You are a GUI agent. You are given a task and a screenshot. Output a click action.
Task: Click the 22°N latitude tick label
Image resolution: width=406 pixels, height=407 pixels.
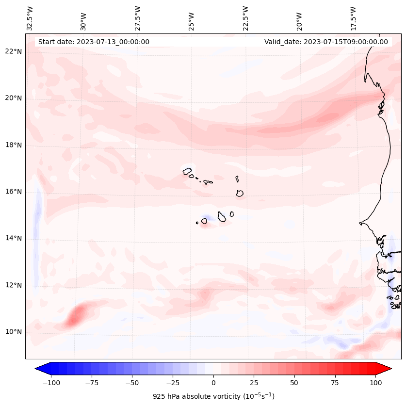coord(14,52)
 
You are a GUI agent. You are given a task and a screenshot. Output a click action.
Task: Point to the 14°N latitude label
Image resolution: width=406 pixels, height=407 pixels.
coord(14,238)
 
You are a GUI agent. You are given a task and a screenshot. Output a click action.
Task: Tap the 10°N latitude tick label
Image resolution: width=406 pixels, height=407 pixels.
coord(14,332)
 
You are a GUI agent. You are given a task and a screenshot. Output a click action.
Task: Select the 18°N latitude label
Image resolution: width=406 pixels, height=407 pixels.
coord(14,145)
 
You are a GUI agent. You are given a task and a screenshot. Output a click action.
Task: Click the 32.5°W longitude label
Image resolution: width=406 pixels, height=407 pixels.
coord(30,18)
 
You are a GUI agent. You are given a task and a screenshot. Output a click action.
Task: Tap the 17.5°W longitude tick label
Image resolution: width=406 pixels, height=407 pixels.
coord(353,18)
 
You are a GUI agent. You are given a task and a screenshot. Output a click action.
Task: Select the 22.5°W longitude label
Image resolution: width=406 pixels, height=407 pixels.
coord(245,18)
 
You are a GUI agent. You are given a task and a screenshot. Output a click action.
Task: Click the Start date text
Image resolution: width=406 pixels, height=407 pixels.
coord(94,42)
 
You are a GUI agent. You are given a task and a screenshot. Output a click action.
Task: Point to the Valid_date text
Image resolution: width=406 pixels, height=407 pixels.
coord(326,42)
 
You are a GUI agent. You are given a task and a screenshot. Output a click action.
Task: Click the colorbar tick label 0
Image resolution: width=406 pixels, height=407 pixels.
coord(213,382)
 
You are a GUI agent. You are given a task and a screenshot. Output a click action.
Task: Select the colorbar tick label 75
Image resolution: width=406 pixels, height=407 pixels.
coord(335,382)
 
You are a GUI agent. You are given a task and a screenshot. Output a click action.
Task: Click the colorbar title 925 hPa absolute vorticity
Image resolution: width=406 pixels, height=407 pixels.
coord(213,396)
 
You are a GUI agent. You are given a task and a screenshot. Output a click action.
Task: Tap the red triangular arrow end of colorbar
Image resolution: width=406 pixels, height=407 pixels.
coord(384,369)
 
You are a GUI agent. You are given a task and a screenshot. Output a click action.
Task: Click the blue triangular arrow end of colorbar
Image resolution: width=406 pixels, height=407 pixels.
coord(42,369)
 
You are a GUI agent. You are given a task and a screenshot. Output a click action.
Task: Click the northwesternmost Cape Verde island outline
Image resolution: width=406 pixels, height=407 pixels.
coord(187,171)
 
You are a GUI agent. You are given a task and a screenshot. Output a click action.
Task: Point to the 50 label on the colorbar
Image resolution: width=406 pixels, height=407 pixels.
coord(294,382)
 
